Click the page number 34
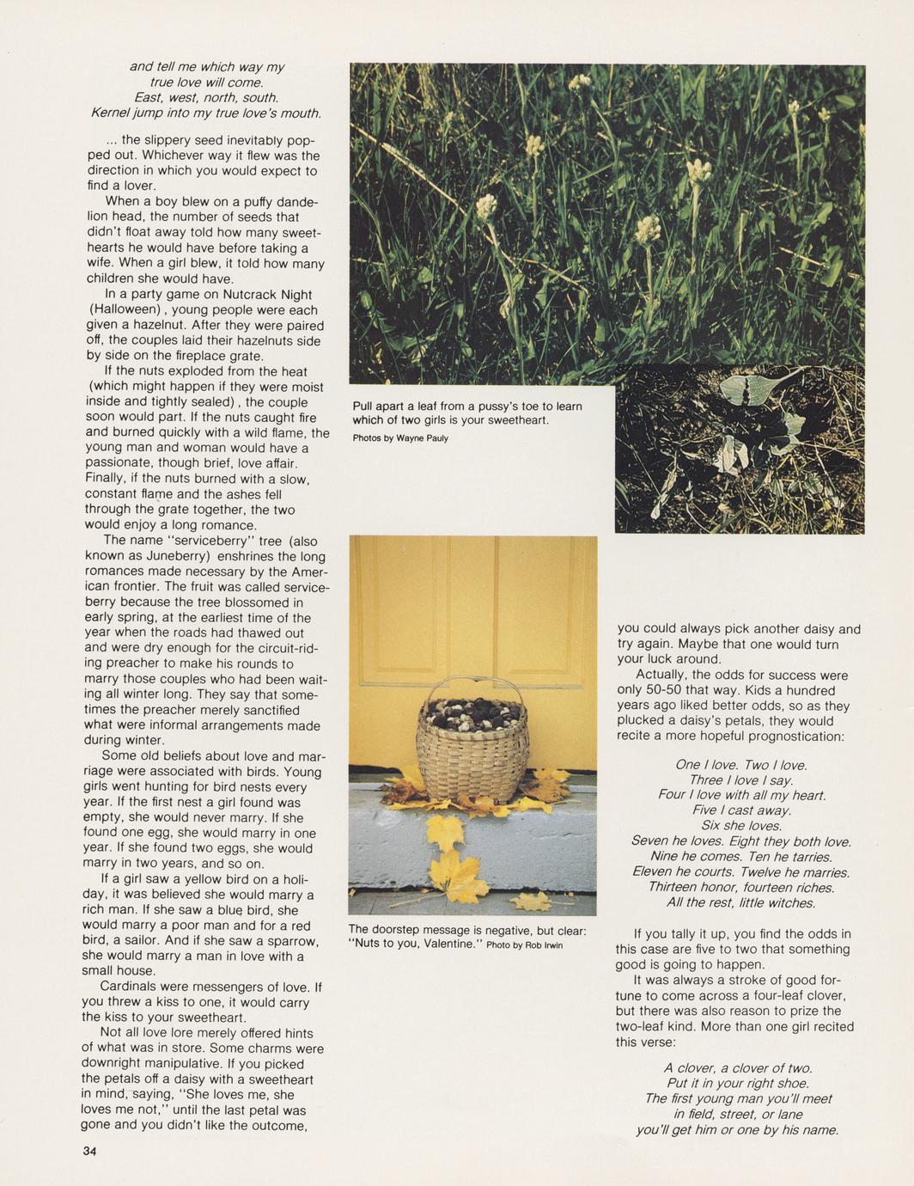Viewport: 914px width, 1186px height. [x=88, y=1152]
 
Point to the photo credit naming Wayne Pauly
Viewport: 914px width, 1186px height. [x=400, y=438]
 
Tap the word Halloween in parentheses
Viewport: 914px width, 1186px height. [x=125, y=309]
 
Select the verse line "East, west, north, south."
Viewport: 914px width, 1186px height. [x=206, y=98]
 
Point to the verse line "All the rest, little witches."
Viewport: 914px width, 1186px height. [x=740, y=902]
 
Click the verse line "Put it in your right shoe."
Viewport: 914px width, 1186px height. [x=738, y=1083]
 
